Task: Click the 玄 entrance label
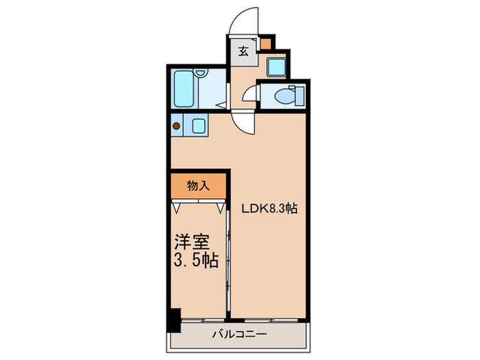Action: pos(243,50)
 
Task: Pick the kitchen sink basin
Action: pos(197,125)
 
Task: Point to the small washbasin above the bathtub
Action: pos(201,73)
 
